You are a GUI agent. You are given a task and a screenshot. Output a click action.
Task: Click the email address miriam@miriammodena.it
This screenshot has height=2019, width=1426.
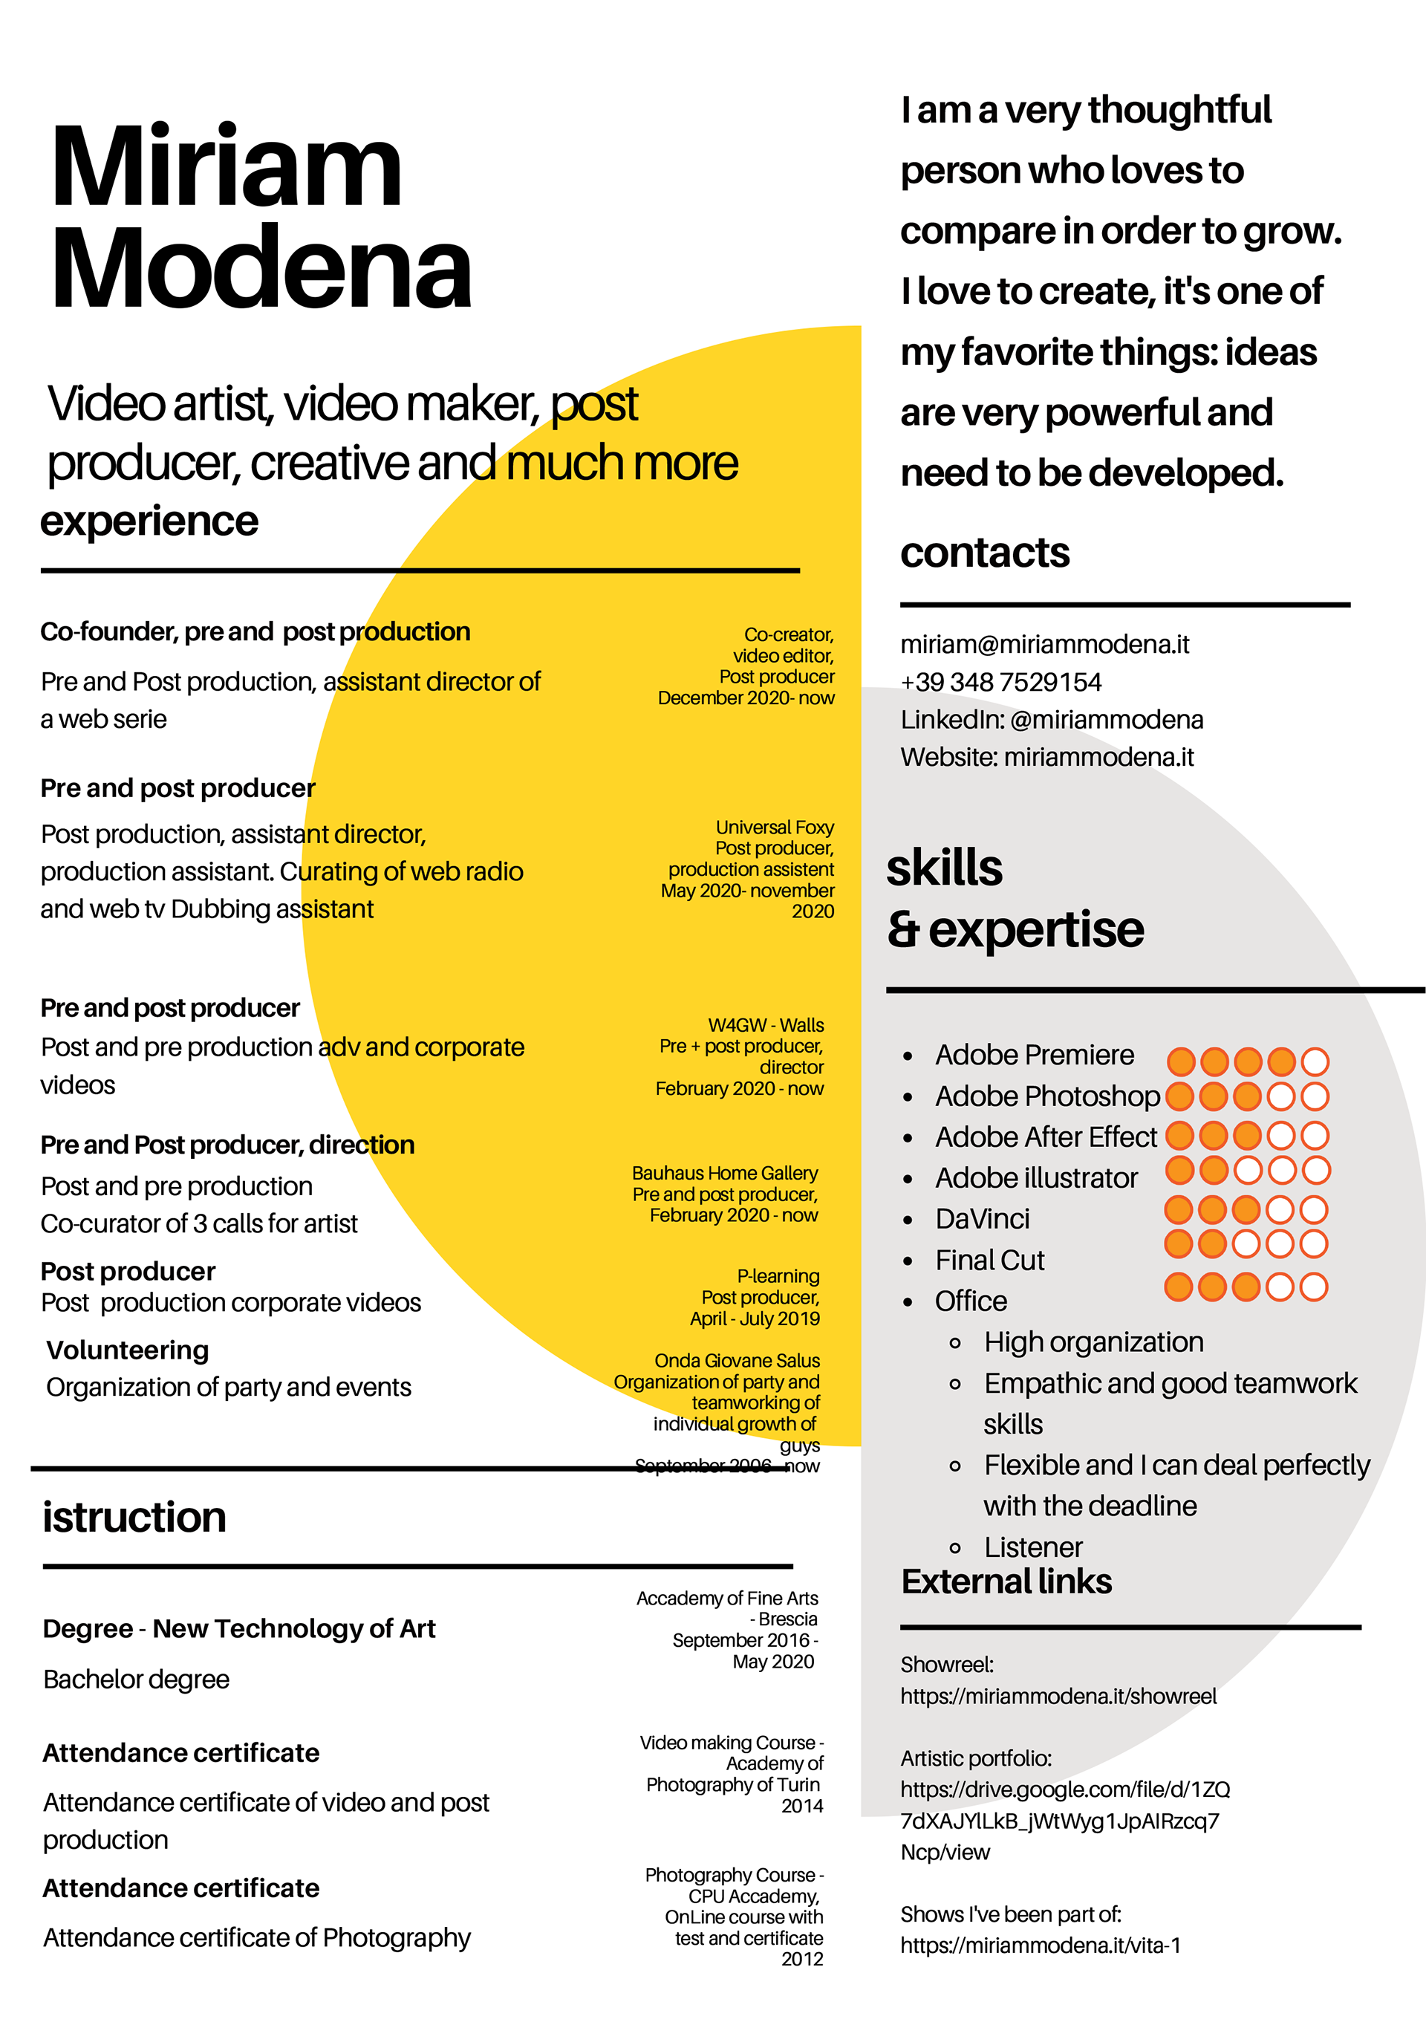coord(1044,645)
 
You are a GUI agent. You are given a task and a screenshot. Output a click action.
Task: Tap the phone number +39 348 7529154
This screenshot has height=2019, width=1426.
coord(1000,683)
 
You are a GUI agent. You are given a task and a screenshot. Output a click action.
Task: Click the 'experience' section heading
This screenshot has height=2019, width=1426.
coord(149,521)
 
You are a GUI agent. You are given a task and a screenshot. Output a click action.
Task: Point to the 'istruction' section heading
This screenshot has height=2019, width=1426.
coord(134,1517)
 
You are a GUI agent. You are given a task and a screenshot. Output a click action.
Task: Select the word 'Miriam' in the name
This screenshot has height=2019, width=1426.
coord(227,167)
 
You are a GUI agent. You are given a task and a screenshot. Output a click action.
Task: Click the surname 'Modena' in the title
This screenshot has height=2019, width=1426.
coord(261,268)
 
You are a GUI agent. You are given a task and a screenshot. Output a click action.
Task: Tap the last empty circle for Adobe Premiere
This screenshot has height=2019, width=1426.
coord(1315,1061)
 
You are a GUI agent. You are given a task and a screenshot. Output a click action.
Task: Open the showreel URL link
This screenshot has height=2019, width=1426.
coord(1058,1697)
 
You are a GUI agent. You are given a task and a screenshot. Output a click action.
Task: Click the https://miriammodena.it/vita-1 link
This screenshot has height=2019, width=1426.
coord(1039,1945)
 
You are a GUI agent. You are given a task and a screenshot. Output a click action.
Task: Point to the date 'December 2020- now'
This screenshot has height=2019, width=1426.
coord(746,698)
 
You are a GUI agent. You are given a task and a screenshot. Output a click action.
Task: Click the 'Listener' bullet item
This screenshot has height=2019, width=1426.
coord(1033,1547)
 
